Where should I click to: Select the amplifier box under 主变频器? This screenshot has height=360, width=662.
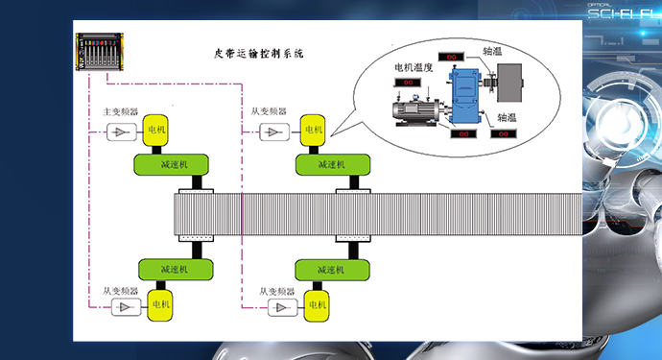click(122, 132)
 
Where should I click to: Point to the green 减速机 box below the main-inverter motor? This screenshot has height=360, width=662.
click(176, 165)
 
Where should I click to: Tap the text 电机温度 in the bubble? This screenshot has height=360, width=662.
click(415, 69)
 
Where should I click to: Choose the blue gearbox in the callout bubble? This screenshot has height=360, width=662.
click(466, 97)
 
